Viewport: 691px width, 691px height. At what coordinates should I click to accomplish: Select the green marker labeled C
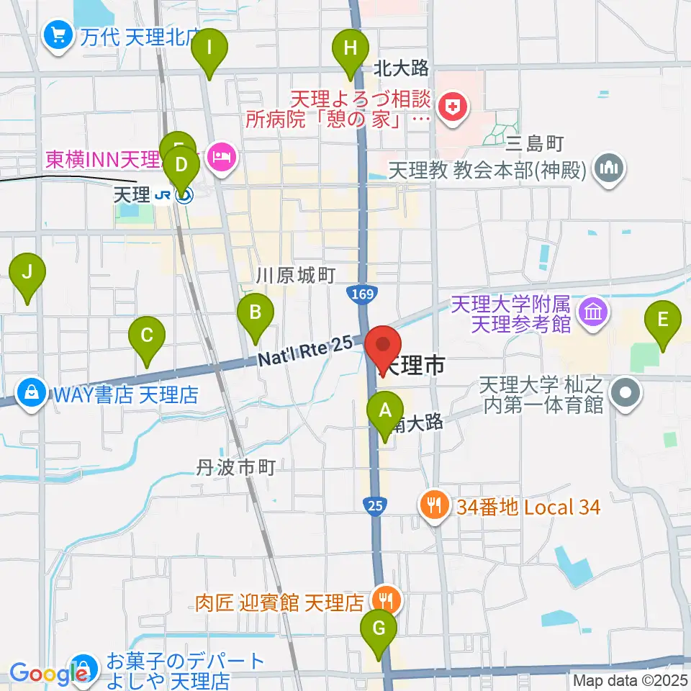147,336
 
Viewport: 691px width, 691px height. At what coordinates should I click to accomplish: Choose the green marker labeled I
209,50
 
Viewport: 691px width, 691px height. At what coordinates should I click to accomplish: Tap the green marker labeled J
27,274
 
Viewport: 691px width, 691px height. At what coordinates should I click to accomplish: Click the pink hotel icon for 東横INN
222,156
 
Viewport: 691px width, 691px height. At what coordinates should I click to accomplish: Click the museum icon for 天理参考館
594,313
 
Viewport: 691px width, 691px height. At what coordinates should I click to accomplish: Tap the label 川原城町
297,276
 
